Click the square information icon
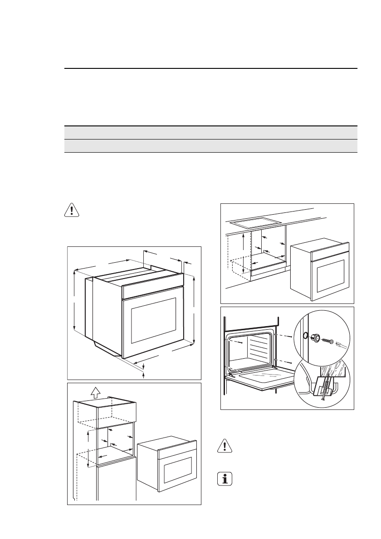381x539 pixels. click(223, 479)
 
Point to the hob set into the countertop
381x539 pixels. click(253, 223)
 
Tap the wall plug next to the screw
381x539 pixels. click(316, 337)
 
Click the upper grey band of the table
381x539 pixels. click(210, 133)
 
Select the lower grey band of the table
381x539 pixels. click(210, 146)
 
